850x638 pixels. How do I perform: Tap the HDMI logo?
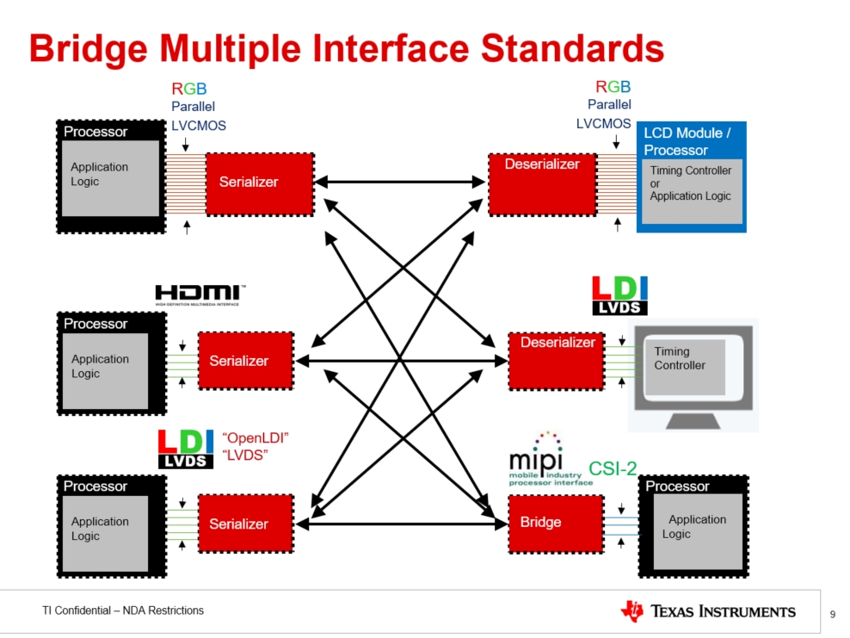pos(200,294)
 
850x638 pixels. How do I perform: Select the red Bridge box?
pos(556,524)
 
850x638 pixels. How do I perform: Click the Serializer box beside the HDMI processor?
pos(245,361)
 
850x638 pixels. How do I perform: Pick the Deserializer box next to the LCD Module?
pos(542,185)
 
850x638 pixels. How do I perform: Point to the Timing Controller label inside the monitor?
pos(680,358)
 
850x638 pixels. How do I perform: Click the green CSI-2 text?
pos(613,468)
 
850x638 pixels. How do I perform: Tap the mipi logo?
pos(550,459)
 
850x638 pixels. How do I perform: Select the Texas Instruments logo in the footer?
pos(708,611)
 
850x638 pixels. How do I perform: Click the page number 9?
pos(833,614)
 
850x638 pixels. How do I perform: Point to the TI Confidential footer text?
pos(123,610)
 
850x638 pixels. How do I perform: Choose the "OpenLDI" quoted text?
pos(256,437)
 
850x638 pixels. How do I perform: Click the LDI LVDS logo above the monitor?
pos(619,295)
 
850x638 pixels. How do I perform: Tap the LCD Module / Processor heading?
pos(687,141)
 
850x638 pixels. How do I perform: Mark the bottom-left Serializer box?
pos(245,523)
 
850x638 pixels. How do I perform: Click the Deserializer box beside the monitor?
pos(556,362)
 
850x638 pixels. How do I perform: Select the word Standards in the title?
pos(572,49)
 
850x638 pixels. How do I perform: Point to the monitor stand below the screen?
pos(693,421)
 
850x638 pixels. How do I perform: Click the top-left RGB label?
pos(189,89)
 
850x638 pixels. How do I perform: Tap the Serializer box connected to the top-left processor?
pos(260,184)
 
